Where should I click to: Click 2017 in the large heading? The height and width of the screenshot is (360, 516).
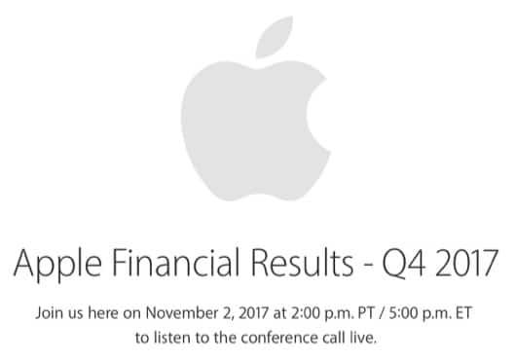[464, 265]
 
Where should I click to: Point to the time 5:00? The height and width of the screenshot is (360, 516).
[396, 314]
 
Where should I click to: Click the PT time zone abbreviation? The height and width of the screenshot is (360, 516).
[356, 314]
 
